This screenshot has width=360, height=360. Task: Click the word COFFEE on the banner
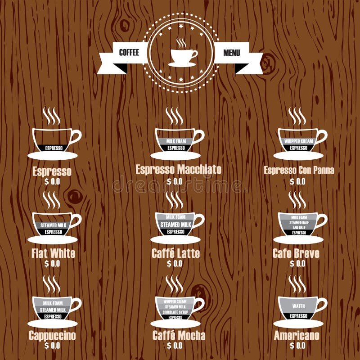click(129, 53)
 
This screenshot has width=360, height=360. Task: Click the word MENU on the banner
click(232, 53)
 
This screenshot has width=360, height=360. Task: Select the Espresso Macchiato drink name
click(178, 169)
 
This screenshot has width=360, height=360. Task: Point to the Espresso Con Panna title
click(298, 170)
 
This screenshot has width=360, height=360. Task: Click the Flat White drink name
click(53, 253)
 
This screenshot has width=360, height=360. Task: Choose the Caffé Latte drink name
click(175, 253)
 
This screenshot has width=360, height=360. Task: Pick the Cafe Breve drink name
click(296, 253)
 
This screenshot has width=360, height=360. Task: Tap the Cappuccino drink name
click(52, 335)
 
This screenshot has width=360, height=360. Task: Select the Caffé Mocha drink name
click(179, 335)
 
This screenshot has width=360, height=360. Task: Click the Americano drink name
click(297, 335)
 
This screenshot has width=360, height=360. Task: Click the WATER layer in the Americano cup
click(298, 306)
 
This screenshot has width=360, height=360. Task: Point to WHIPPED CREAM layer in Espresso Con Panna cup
click(298, 141)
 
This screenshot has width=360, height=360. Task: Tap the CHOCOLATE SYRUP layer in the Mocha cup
click(175, 312)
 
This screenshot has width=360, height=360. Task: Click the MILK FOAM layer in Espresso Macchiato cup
click(175, 141)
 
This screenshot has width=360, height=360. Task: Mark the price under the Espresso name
click(52, 181)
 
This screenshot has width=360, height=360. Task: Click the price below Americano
click(297, 346)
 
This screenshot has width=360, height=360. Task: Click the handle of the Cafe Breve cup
click(322, 220)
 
